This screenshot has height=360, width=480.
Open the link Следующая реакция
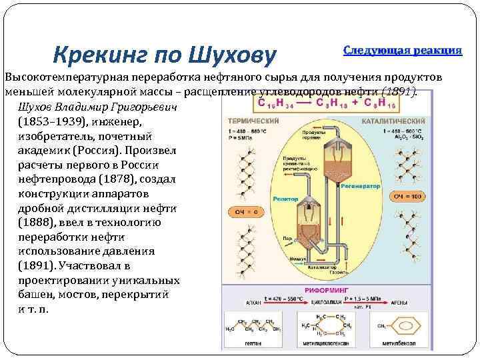403,51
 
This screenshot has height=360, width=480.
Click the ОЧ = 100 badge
407,197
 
